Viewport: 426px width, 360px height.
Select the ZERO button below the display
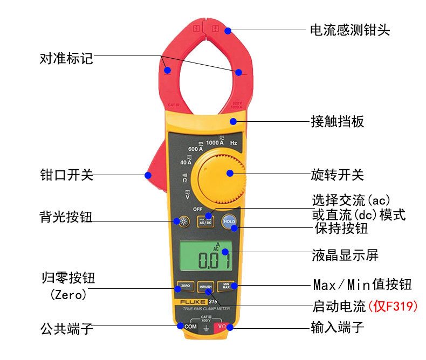(x=185, y=286)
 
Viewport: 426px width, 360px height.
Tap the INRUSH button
(x=205, y=287)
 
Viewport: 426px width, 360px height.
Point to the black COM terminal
(x=190, y=327)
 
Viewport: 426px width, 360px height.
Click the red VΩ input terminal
(x=222, y=327)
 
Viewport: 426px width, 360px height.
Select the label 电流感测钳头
(x=349, y=30)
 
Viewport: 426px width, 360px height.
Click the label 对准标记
(x=67, y=58)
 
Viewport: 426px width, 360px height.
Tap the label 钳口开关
(x=67, y=175)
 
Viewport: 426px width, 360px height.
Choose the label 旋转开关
(x=338, y=175)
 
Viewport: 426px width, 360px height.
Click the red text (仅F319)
(x=393, y=307)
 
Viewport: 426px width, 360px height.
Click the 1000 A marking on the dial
(x=215, y=142)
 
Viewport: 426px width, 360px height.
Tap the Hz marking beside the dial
(x=233, y=143)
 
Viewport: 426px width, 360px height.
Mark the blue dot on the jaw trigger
(x=147, y=174)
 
